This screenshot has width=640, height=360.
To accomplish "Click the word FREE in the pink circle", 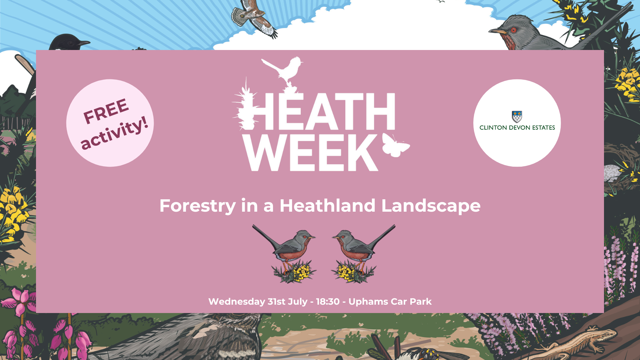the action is tap(106, 111).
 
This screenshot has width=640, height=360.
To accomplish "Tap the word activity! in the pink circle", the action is tap(114, 132).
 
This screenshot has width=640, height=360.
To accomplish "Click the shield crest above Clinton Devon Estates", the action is tap(517, 117).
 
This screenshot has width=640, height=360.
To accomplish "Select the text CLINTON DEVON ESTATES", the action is tap(517, 128).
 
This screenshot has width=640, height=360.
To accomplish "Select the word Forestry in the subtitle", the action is tap(198, 206).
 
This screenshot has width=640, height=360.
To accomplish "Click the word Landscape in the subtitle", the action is tap(431, 206).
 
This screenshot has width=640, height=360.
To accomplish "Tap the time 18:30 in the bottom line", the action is tap(328, 302).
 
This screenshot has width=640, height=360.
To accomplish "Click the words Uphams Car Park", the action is tap(390, 302).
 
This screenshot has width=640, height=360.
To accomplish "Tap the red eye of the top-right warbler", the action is tap(514, 30).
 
